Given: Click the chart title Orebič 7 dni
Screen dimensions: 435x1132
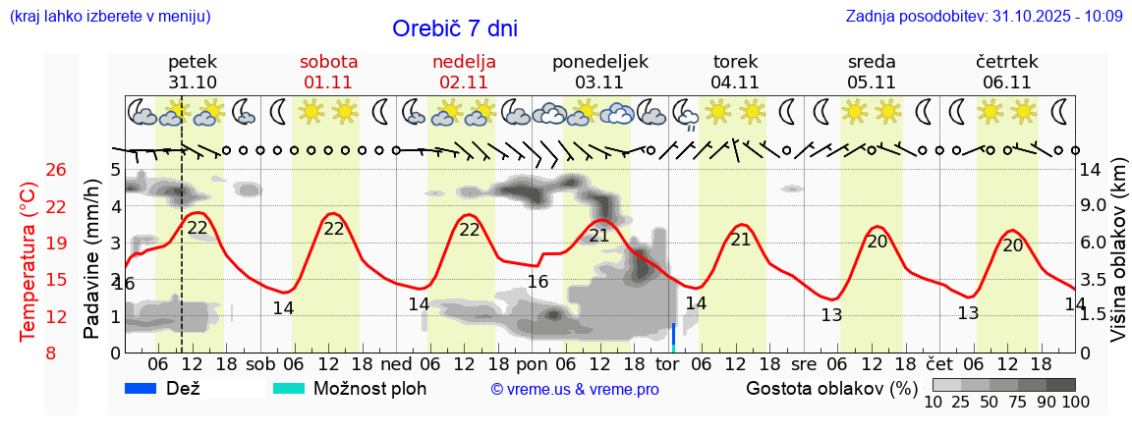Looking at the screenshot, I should (454, 28).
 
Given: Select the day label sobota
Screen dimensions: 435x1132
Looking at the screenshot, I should (328, 61).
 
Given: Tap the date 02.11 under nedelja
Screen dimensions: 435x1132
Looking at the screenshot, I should (464, 82).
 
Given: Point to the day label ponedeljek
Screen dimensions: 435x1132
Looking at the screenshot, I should (599, 61).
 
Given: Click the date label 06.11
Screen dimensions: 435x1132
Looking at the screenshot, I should (1006, 82).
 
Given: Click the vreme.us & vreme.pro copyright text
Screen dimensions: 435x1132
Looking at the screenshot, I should (575, 390).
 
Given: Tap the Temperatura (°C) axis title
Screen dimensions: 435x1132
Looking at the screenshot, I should (28, 260).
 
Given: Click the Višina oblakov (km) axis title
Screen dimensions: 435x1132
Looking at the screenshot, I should (1118, 260).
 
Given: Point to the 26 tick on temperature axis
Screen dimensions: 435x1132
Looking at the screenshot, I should (56, 170).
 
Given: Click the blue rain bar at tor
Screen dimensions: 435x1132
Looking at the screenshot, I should (673, 337).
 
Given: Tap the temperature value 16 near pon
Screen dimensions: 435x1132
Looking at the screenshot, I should (538, 282).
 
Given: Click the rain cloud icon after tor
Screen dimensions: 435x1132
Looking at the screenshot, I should (685, 114).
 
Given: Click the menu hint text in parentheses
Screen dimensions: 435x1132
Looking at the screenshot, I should (109, 17).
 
